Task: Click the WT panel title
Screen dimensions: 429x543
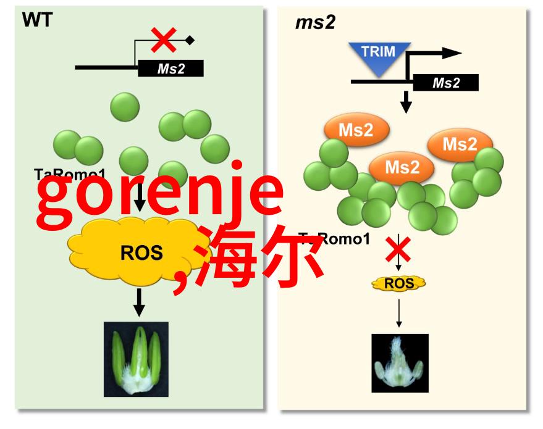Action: tap(38, 20)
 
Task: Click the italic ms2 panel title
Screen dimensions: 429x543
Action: tap(316, 23)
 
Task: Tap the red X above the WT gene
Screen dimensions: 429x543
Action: tap(164, 40)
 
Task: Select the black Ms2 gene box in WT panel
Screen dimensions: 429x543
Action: tap(170, 69)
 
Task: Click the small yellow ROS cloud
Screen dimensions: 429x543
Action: tap(398, 283)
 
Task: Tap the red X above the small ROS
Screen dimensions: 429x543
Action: tap(398, 250)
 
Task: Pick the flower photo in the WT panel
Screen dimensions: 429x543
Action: tap(136, 359)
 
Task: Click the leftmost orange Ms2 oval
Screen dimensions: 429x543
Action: tap(356, 130)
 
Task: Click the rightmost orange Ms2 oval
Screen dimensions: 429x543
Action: tap(460, 145)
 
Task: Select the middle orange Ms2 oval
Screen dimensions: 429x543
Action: tap(402, 167)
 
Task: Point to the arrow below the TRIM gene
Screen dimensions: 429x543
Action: tap(406, 101)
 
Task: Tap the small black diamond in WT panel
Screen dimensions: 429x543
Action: tap(190, 41)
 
